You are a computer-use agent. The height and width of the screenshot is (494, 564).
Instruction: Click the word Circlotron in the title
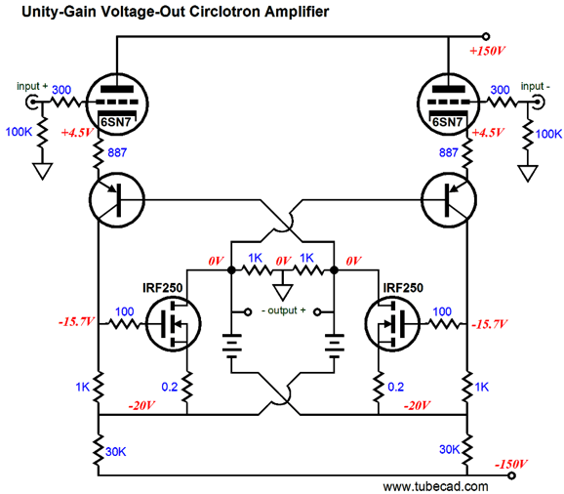coord(224,12)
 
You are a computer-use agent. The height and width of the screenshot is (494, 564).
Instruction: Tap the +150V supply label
coord(487,51)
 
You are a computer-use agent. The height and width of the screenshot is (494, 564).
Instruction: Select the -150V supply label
coord(510,464)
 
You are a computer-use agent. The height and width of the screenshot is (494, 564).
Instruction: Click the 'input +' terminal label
coord(32,86)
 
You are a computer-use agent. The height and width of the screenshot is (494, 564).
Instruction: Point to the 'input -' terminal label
coord(536,86)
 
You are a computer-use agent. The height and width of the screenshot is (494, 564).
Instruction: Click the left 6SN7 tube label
coord(115,122)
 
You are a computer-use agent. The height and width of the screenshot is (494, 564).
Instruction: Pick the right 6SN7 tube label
coord(447,122)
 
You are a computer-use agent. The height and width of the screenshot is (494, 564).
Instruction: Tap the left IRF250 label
coord(163,288)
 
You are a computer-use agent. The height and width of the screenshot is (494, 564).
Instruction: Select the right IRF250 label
coord(403,288)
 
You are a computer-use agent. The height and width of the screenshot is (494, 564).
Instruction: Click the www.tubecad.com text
coord(435,487)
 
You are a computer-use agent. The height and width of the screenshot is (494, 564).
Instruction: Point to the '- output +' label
coord(283,310)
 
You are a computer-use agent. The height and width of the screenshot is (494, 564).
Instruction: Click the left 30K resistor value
coord(115,452)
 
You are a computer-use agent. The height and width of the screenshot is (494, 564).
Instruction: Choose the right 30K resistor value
coord(449,449)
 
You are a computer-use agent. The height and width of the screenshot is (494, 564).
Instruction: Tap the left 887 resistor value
coord(117,152)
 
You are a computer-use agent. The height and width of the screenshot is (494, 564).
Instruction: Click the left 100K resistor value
coord(19,132)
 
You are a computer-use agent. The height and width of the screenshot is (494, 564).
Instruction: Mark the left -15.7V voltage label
coord(77,321)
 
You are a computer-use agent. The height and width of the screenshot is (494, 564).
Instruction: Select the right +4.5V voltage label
coord(487,133)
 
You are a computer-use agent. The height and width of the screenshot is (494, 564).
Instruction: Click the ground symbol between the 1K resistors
coord(283,292)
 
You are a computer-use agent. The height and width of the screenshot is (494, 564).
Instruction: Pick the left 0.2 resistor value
coord(170,387)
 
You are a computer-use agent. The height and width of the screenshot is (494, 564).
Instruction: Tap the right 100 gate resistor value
coord(442,311)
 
